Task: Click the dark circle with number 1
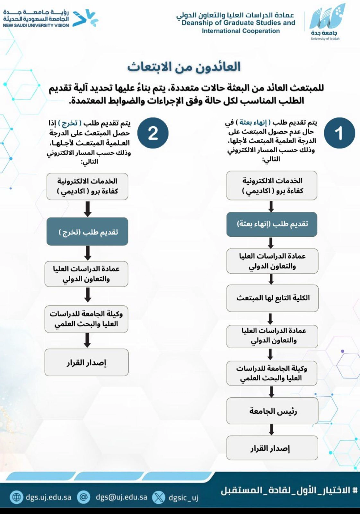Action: click(x=339, y=133)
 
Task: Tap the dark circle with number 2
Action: click(x=153, y=133)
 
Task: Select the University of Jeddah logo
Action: click(x=326, y=22)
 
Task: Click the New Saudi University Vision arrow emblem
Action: click(x=85, y=18)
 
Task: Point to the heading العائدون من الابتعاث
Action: click(x=184, y=67)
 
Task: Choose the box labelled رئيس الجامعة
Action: click(x=272, y=411)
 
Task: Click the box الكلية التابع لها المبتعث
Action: click(x=272, y=298)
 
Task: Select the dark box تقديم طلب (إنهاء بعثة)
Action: click(x=272, y=224)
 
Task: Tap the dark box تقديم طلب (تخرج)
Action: click(x=87, y=232)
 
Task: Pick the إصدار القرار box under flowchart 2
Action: click(x=86, y=363)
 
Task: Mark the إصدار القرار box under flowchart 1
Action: click(x=272, y=448)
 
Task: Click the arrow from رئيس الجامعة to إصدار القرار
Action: click(x=271, y=430)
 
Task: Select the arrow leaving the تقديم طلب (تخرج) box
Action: click(x=87, y=253)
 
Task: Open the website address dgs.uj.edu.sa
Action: click(x=48, y=497)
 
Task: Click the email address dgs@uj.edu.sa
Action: click(x=121, y=497)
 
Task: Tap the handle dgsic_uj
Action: click(x=183, y=498)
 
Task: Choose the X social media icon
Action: click(x=158, y=497)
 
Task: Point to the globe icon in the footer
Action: click(x=16, y=497)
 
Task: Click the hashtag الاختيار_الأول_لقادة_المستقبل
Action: click(x=289, y=491)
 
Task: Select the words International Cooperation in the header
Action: click(x=241, y=31)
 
